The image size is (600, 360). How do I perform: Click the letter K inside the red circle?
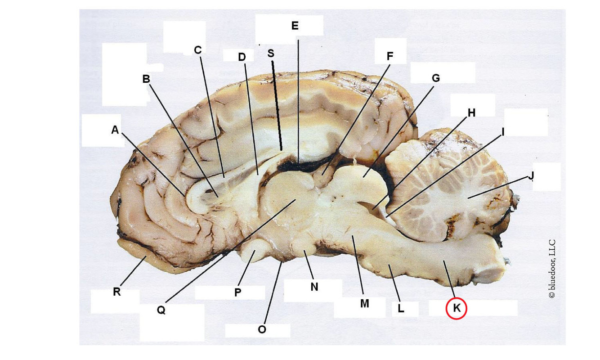click(457, 309)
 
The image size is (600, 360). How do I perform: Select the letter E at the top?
click(295, 26)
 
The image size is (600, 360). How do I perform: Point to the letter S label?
click(270, 53)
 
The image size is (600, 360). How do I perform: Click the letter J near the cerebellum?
click(531, 175)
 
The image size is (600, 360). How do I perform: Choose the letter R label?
click(116, 292)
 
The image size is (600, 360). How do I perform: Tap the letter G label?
click(435, 78)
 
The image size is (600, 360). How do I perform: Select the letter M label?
click(364, 303)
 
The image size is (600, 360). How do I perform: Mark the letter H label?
click(471, 113)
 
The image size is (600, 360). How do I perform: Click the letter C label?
click(197, 50)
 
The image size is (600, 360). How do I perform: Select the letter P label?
click(238, 292)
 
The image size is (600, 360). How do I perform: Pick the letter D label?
click(242, 57)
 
